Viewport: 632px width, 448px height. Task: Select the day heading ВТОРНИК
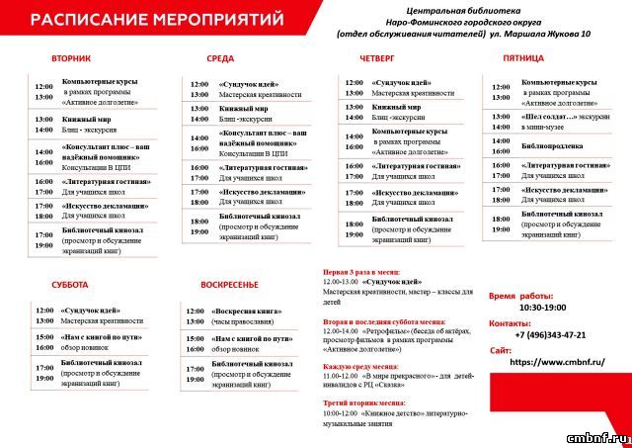71,59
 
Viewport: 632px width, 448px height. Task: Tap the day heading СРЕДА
220,59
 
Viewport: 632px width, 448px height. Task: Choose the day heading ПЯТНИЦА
523,59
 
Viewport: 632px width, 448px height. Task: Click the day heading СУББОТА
70,285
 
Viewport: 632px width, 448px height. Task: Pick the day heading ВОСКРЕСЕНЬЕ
229,285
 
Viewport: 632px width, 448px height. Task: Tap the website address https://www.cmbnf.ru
554,363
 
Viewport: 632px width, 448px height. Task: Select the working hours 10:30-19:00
543,308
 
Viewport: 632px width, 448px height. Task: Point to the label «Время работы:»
521,296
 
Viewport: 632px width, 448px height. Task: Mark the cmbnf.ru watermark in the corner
598,435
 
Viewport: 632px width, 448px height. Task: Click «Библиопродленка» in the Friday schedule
554,143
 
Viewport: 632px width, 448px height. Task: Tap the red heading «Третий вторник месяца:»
364,403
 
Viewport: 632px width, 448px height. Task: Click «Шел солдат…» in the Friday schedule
549,116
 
